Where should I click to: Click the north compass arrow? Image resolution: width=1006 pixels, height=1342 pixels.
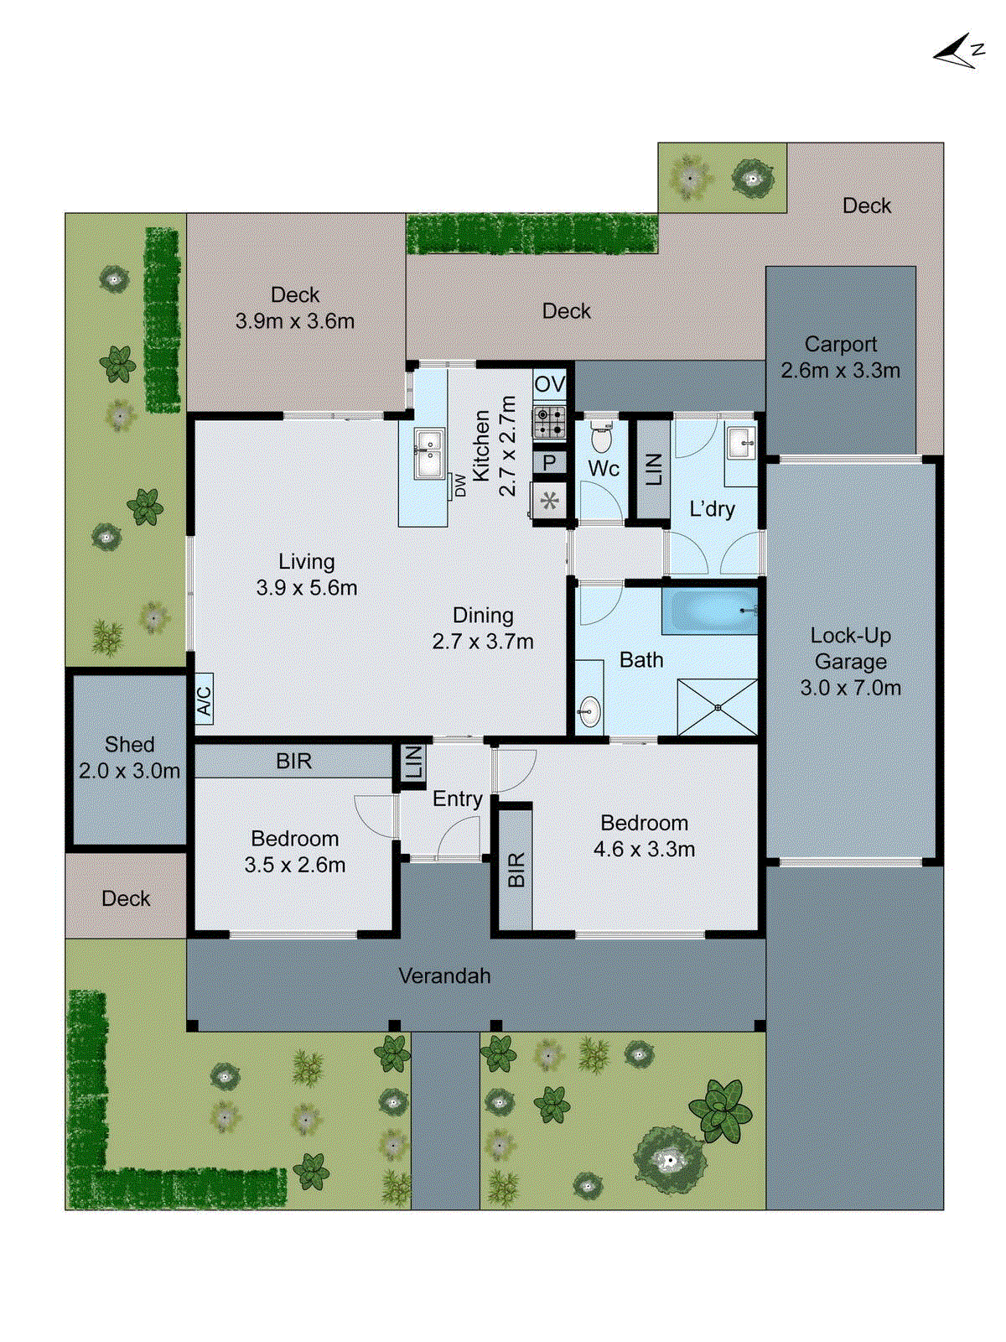pyautogui.click(x=956, y=52)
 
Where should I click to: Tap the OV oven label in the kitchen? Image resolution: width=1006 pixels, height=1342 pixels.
pyautogui.click(x=549, y=384)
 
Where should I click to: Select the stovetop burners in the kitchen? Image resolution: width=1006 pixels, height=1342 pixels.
pyautogui.click(x=549, y=423)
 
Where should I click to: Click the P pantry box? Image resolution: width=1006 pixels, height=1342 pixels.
pyautogui.click(x=549, y=462)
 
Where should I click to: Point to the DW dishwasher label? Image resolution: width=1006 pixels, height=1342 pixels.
pyautogui.click(x=460, y=485)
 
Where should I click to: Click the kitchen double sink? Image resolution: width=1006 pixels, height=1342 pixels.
pyautogui.click(x=429, y=454)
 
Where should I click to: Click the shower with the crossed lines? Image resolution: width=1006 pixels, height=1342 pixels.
pyautogui.click(x=718, y=707)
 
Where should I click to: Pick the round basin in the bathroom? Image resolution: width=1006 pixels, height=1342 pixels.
pyautogui.click(x=589, y=712)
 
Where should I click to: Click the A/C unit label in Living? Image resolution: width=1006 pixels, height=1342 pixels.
pyautogui.click(x=204, y=699)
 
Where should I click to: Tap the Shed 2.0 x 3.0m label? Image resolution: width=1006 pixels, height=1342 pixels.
pyautogui.click(x=129, y=757)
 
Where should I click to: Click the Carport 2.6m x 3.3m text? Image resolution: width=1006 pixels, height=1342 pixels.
pyautogui.click(x=840, y=357)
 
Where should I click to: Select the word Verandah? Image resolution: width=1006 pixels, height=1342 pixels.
pyautogui.click(x=444, y=975)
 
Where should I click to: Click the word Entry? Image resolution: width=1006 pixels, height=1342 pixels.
pyautogui.click(x=457, y=798)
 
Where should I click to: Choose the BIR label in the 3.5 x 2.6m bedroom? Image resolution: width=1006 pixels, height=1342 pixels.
pyautogui.click(x=293, y=761)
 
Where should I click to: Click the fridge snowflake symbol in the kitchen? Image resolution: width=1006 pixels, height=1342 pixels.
pyautogui.click(x=549, y=502)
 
